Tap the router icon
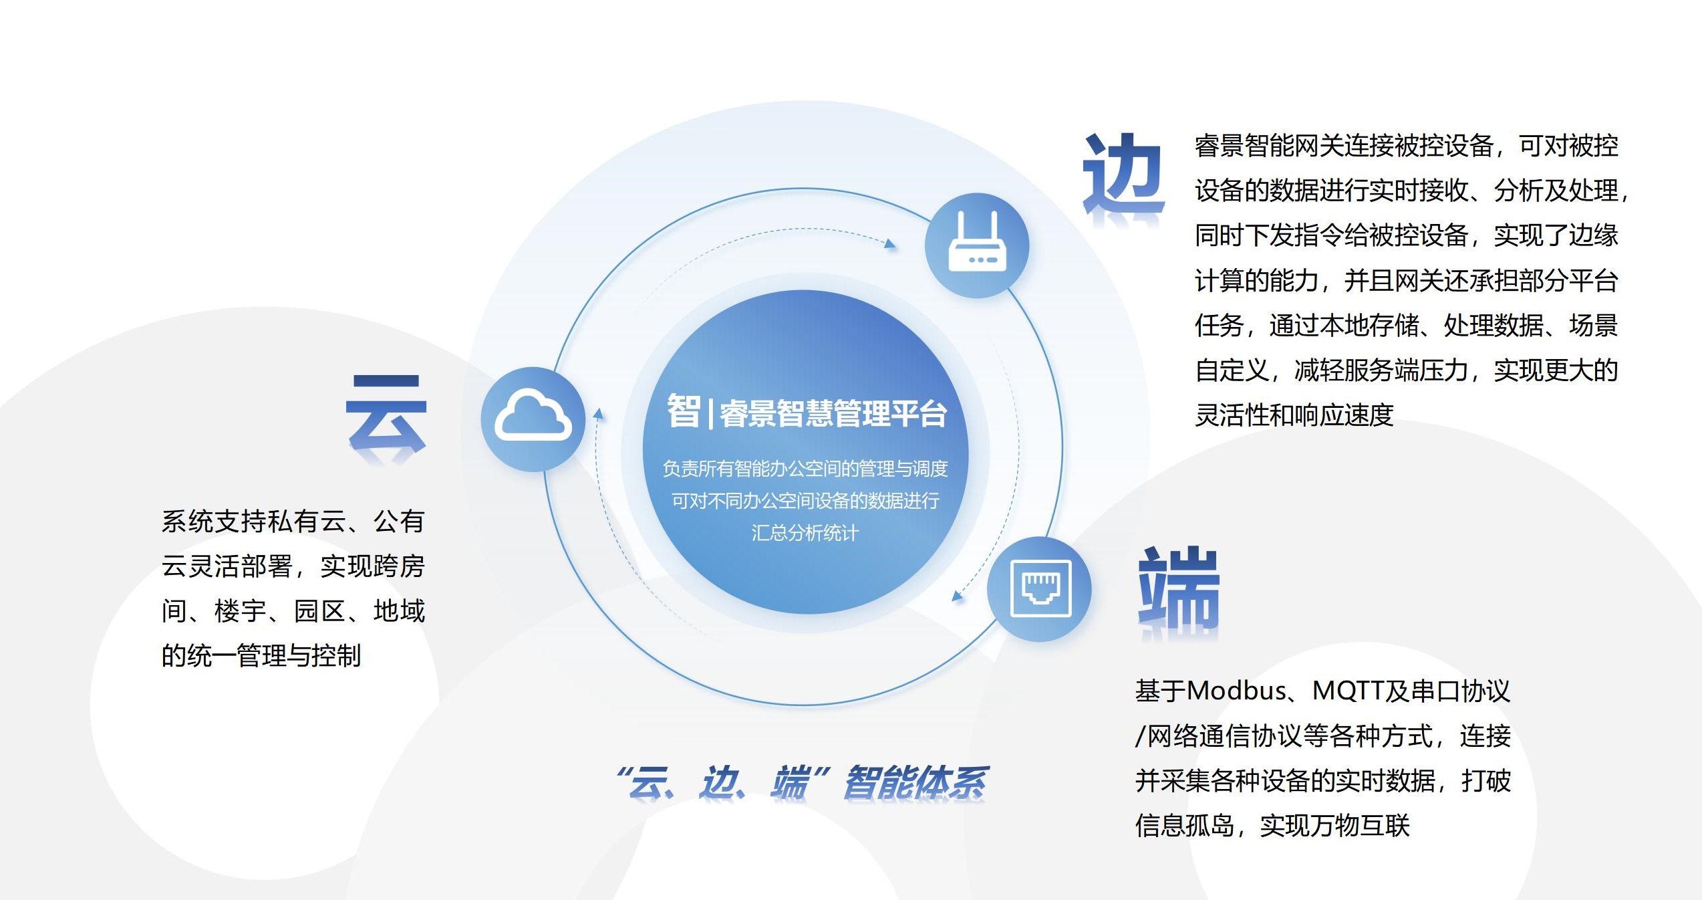coord(977,241)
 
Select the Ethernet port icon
coord(1041,588)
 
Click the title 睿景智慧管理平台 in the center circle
coord(833,413)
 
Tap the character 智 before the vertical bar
coord(684,411)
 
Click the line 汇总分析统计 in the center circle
coord(805,532)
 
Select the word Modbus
coord(1236,691)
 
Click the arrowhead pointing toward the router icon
coord(889,243)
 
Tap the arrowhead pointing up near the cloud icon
coord(599,414)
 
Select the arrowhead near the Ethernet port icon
coord(958,595)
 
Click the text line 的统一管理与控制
coord(261,655)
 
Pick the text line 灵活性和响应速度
coord(1294,415)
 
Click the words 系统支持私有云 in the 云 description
coord(254,521)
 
